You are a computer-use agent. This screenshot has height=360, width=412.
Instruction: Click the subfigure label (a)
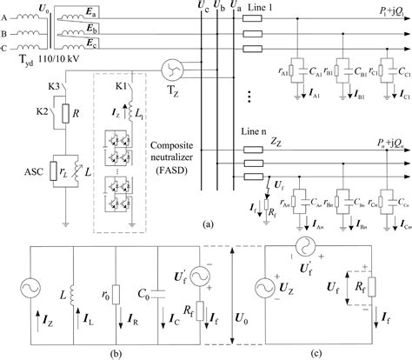(206, 223)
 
